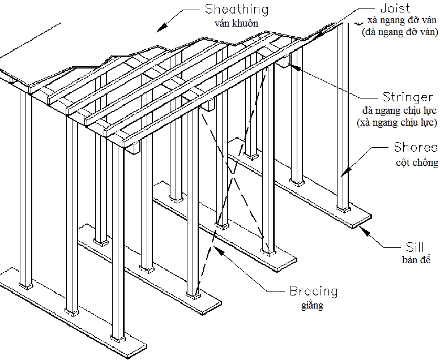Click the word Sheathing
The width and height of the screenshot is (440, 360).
(237, 10)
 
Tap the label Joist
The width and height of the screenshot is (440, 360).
(395, 8)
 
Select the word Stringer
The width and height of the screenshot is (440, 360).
(408, 97)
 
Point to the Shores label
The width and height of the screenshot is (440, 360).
(416, 147)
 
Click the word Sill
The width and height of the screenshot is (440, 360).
(415, 247)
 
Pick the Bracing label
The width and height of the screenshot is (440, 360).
(314, 291)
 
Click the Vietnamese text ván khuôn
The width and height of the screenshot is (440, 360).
(236, 23)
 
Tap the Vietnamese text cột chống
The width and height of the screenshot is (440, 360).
(417, 162)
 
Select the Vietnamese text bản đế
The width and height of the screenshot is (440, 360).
(416, 260)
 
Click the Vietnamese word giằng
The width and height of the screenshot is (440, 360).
(313, 305)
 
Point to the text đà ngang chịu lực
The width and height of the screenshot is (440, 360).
(399, 110)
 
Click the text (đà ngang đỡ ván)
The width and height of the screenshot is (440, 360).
(400, 32)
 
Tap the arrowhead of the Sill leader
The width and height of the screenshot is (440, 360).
(364, 230)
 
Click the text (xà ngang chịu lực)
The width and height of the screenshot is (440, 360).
(397, 122)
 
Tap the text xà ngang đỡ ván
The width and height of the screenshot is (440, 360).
(402, 20)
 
